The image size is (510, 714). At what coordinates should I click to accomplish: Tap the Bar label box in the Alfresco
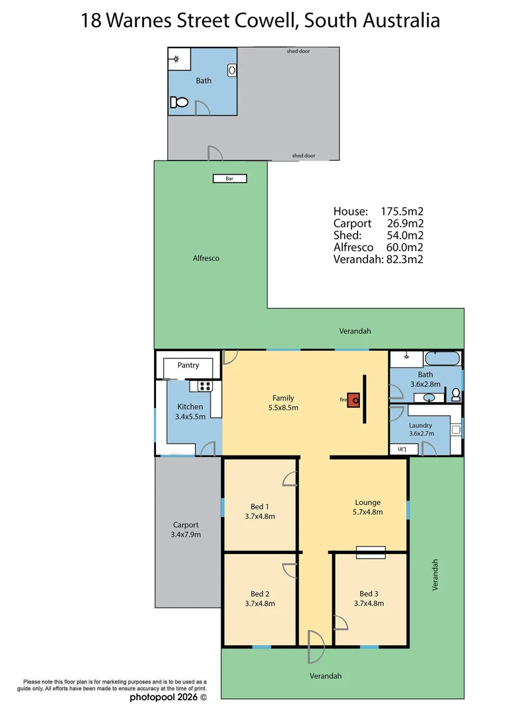tap(230, 178)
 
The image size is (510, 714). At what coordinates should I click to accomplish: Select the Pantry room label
tap(188, 366)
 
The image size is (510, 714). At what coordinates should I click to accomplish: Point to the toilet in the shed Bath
tap(179, 102)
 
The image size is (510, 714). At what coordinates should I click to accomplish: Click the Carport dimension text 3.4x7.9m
tap(186, 535)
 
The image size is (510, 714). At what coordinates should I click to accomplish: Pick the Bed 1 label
tap(260, 506)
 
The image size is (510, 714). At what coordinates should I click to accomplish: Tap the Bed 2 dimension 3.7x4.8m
tap(260, 603)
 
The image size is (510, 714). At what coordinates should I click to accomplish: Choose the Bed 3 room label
tap(369, 593)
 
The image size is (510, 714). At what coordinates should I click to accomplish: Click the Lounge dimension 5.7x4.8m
tap(368, 512)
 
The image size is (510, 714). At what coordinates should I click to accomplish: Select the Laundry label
tap(420, 425)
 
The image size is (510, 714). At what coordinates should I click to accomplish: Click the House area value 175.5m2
tap(402, 212)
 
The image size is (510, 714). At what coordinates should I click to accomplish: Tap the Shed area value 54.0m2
tap(406, 235)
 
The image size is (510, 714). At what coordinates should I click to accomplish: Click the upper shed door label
tap(298, 51)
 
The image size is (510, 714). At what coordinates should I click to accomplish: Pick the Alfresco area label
tap(206, 258)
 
